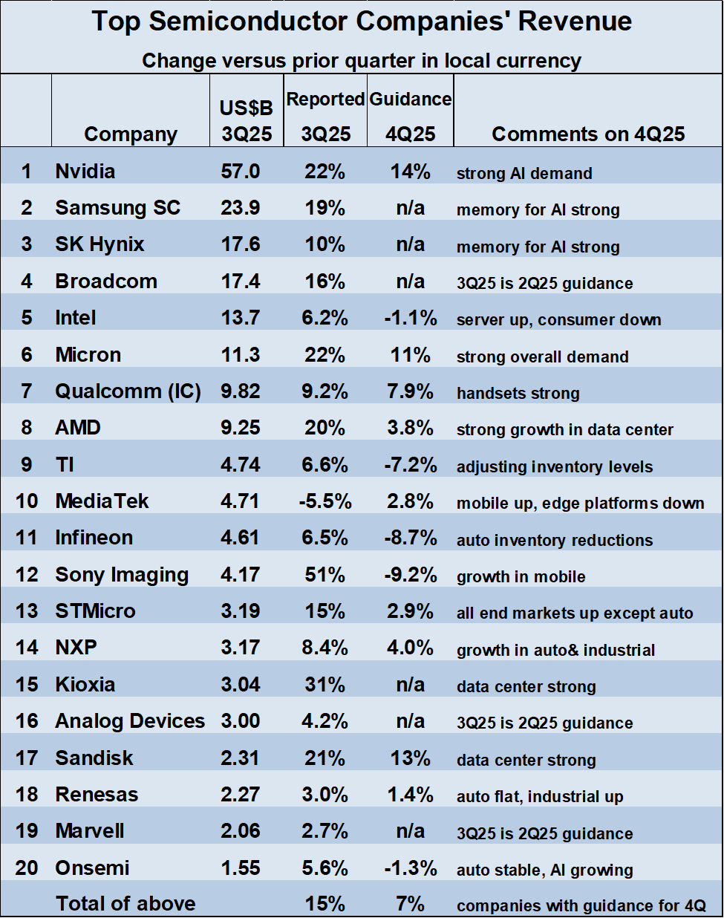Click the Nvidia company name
(85, 172)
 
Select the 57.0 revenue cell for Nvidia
(240, 172)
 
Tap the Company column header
(131, 134)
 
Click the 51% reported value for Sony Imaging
(325, 575)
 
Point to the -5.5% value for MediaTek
(325, 501)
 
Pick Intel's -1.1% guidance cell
(410, 318)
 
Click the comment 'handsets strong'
(518, 394)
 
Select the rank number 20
(27, 868)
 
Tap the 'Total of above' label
(125, 904)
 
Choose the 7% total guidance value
(410, 904)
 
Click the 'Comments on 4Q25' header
(588, 134)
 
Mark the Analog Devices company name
(130, 721)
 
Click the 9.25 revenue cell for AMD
(240, 428)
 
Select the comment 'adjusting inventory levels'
(555, 467)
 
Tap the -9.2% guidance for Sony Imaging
(410, 575)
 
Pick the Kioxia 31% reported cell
(325, 685)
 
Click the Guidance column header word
(410, 100)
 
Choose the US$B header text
(246, 108)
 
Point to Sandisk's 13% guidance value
(410, 758)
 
